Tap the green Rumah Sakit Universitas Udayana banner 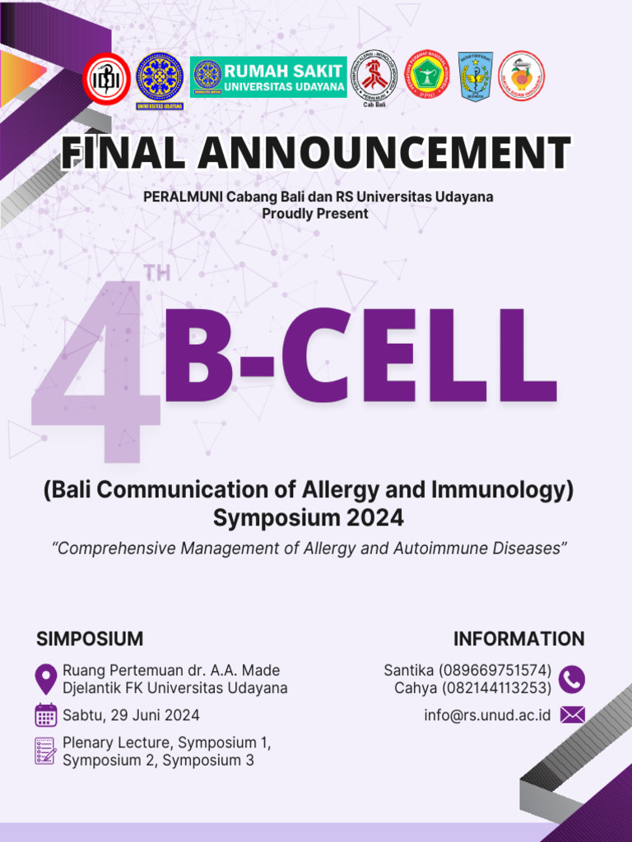click(x=268, y=77)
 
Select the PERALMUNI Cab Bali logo click(x=374, y=76)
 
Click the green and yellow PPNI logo click(x=425, y=76)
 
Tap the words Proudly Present click(x=315, y=214)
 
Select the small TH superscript click(x=156, y=275)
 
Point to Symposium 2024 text click(x=309, y=518)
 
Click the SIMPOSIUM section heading click(x=90, y=639)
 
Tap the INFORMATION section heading click(x=518, y=639)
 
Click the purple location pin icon click(x=46, y=679)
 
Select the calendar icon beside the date click(x=46, y=715)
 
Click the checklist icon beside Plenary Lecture click(x=45, y=750)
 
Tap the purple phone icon click(x=572, y=679)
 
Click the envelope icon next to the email click(x=572, y=715)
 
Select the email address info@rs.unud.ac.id click(x=487, y=715)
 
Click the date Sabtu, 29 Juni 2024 click(x=131, y=715)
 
